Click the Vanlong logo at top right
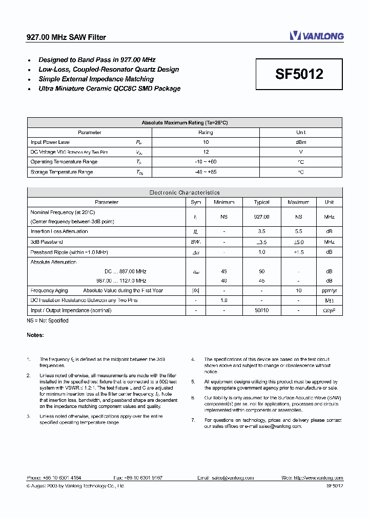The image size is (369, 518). (316, 36)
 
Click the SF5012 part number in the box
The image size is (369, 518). (299, 74)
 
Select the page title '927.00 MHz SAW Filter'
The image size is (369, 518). (66, 37)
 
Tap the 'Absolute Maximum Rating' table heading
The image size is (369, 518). (184, 123)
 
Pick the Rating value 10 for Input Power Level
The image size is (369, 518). (206, 142)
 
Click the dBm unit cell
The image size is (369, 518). (301, 142)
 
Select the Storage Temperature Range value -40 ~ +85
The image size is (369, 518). (206, 172)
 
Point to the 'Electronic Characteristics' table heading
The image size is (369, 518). (184, 192)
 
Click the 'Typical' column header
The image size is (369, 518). (261, 202)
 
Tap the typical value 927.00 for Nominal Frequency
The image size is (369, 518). (261, 217)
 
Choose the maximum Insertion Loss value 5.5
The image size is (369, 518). (298, 231)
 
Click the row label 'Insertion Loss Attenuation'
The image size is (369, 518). (59, 231)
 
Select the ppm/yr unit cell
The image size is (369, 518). (329, 291)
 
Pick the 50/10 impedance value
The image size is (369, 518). (261, 310)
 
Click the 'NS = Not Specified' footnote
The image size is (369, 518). (48, 320)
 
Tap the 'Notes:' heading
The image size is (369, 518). (35, 335)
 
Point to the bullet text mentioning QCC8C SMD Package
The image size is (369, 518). (110, 89)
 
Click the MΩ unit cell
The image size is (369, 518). (329, 300)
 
